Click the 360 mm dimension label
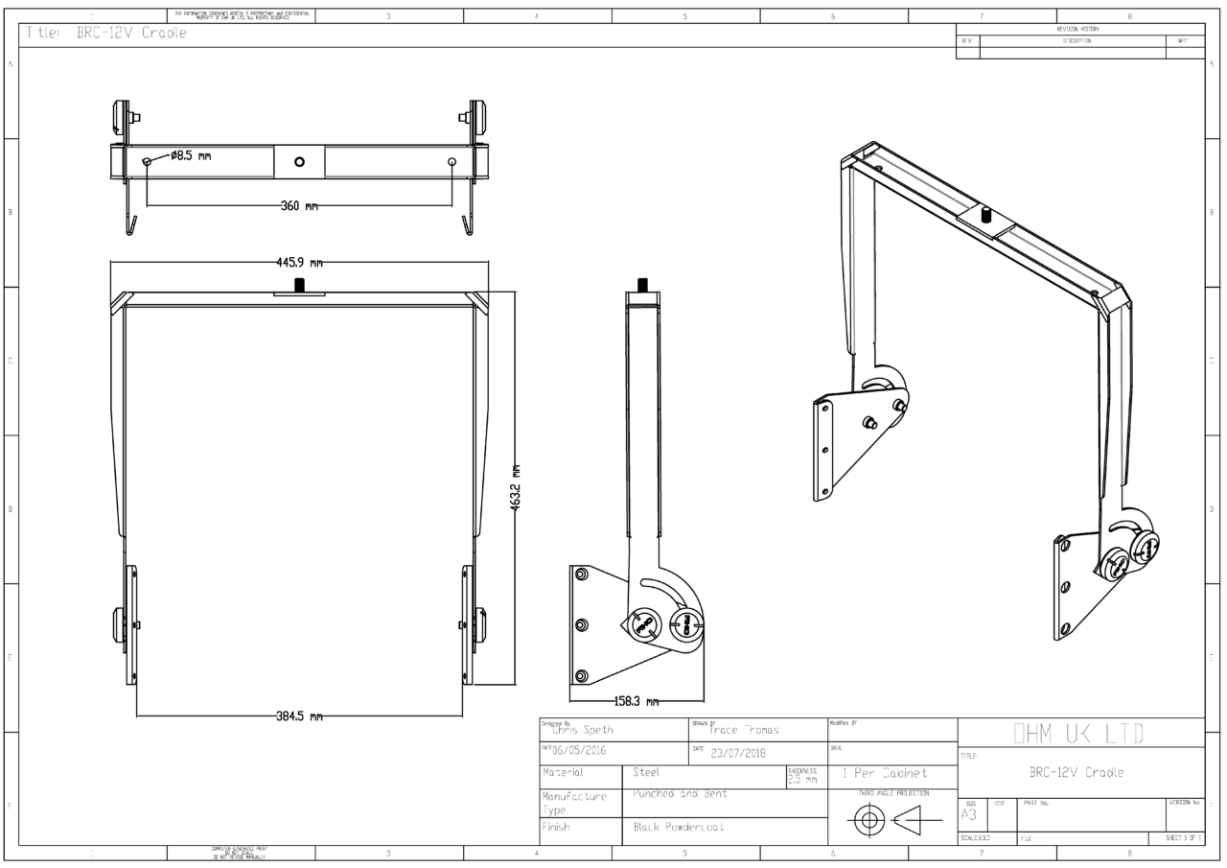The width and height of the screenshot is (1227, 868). [x=298, y=206]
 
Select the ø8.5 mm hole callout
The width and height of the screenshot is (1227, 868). [x=191, y=156]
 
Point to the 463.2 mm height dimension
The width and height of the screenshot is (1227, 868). [x=515, y=488]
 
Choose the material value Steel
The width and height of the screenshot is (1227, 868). [x=647, y=772]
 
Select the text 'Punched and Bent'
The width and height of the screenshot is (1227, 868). [x=680, y=794]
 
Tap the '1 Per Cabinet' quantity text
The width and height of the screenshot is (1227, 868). [x=884, y=773]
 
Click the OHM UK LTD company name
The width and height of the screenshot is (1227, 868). [x=1079, y=734]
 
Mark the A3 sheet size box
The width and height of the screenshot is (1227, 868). [x=968, y=814]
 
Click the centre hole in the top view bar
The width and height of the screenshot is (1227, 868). [x=299, y=162]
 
